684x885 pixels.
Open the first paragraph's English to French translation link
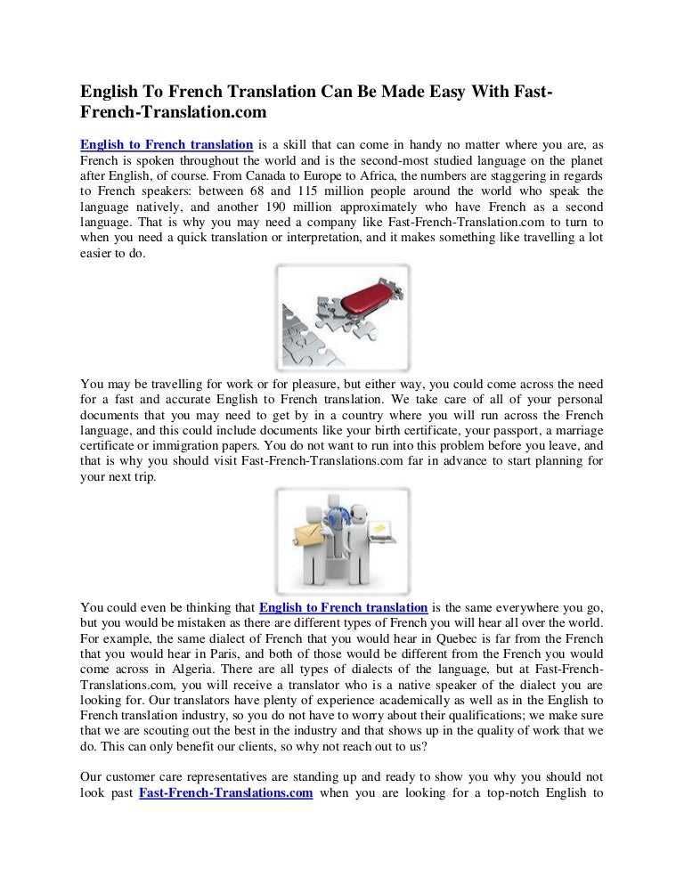[167, 144]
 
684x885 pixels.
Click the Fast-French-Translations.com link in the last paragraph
[226, 793]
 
